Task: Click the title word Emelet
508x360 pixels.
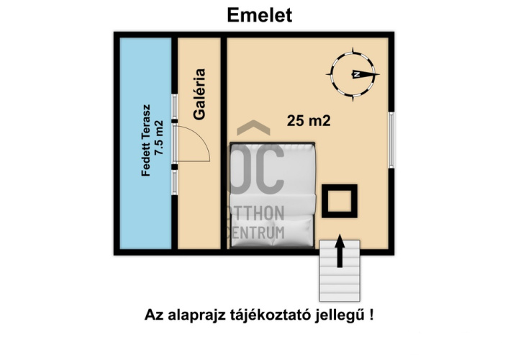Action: (x=260, y=15)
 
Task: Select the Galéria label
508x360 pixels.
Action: (x=201, y=94)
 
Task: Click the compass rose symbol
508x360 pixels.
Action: (x=354, y=74)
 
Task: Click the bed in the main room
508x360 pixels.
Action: (x=273, y=194)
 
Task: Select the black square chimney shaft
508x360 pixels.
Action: (x=339, y=200)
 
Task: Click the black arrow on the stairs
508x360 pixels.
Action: (x=339, y=253)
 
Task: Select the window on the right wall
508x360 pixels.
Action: (x=392, y=138)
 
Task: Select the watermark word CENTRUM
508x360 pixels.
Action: (x=258, y=233)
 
